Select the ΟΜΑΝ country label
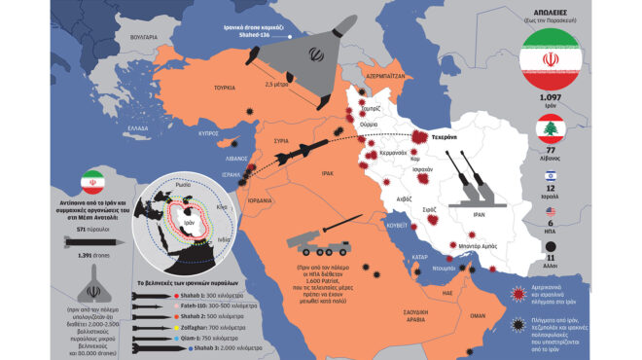pos(478,316)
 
